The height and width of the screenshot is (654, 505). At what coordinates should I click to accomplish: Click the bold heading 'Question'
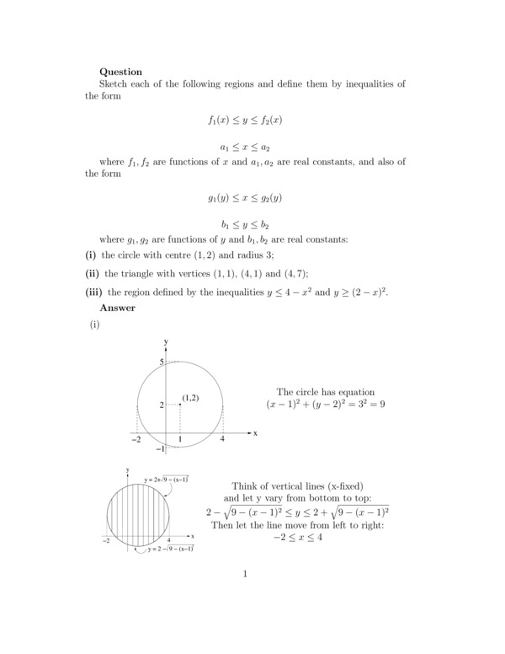(120, 72)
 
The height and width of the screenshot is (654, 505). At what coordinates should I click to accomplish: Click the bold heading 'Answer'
(117, 308)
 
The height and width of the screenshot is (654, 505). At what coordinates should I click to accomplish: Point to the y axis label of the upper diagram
(167, 341)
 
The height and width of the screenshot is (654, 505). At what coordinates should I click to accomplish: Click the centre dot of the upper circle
(180, 405)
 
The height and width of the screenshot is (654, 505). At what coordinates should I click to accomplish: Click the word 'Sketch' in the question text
(116, 84)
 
